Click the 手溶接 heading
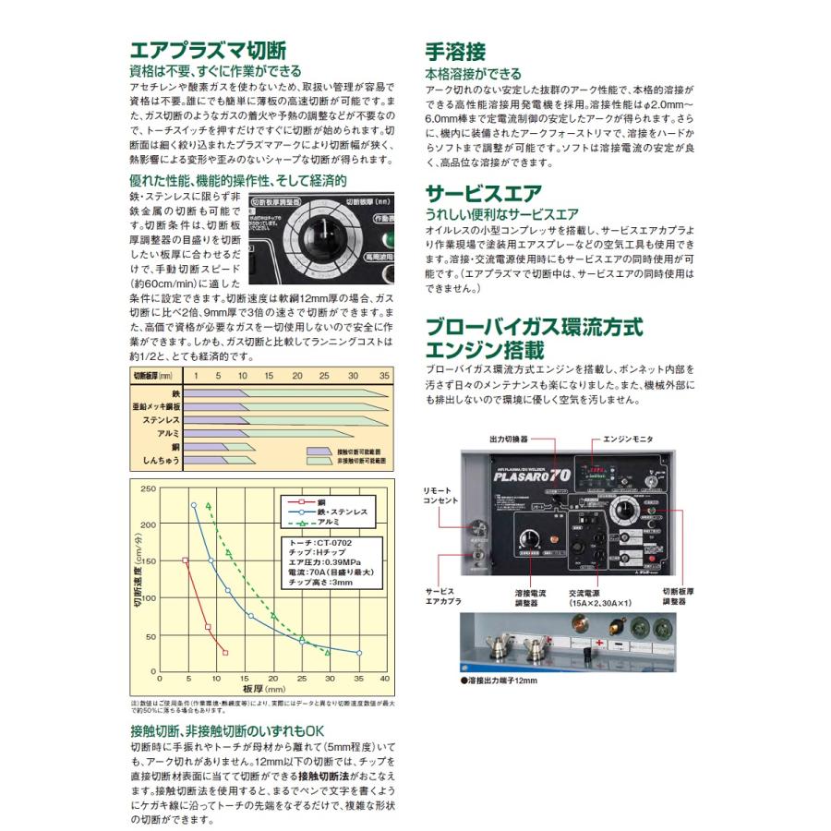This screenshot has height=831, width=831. tap(454, 51)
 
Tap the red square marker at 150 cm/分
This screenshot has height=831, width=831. tap(186, 560)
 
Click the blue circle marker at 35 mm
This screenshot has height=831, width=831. tap(359, 653)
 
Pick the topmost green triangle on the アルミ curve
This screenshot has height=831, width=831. tap(209, 505)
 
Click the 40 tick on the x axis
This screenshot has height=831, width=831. tap(384, 680)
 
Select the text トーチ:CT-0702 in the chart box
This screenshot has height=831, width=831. tap(319, 543)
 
